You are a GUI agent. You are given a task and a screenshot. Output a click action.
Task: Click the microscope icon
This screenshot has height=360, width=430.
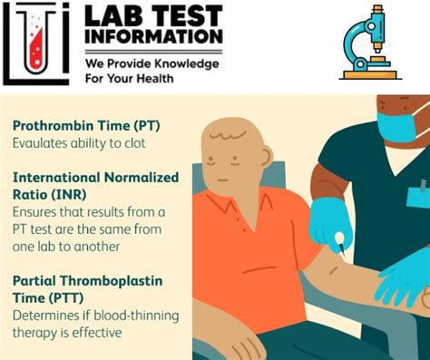[x=369, y=44]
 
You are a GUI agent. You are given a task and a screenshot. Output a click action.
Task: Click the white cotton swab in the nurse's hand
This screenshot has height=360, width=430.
[x=337, y=239]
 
